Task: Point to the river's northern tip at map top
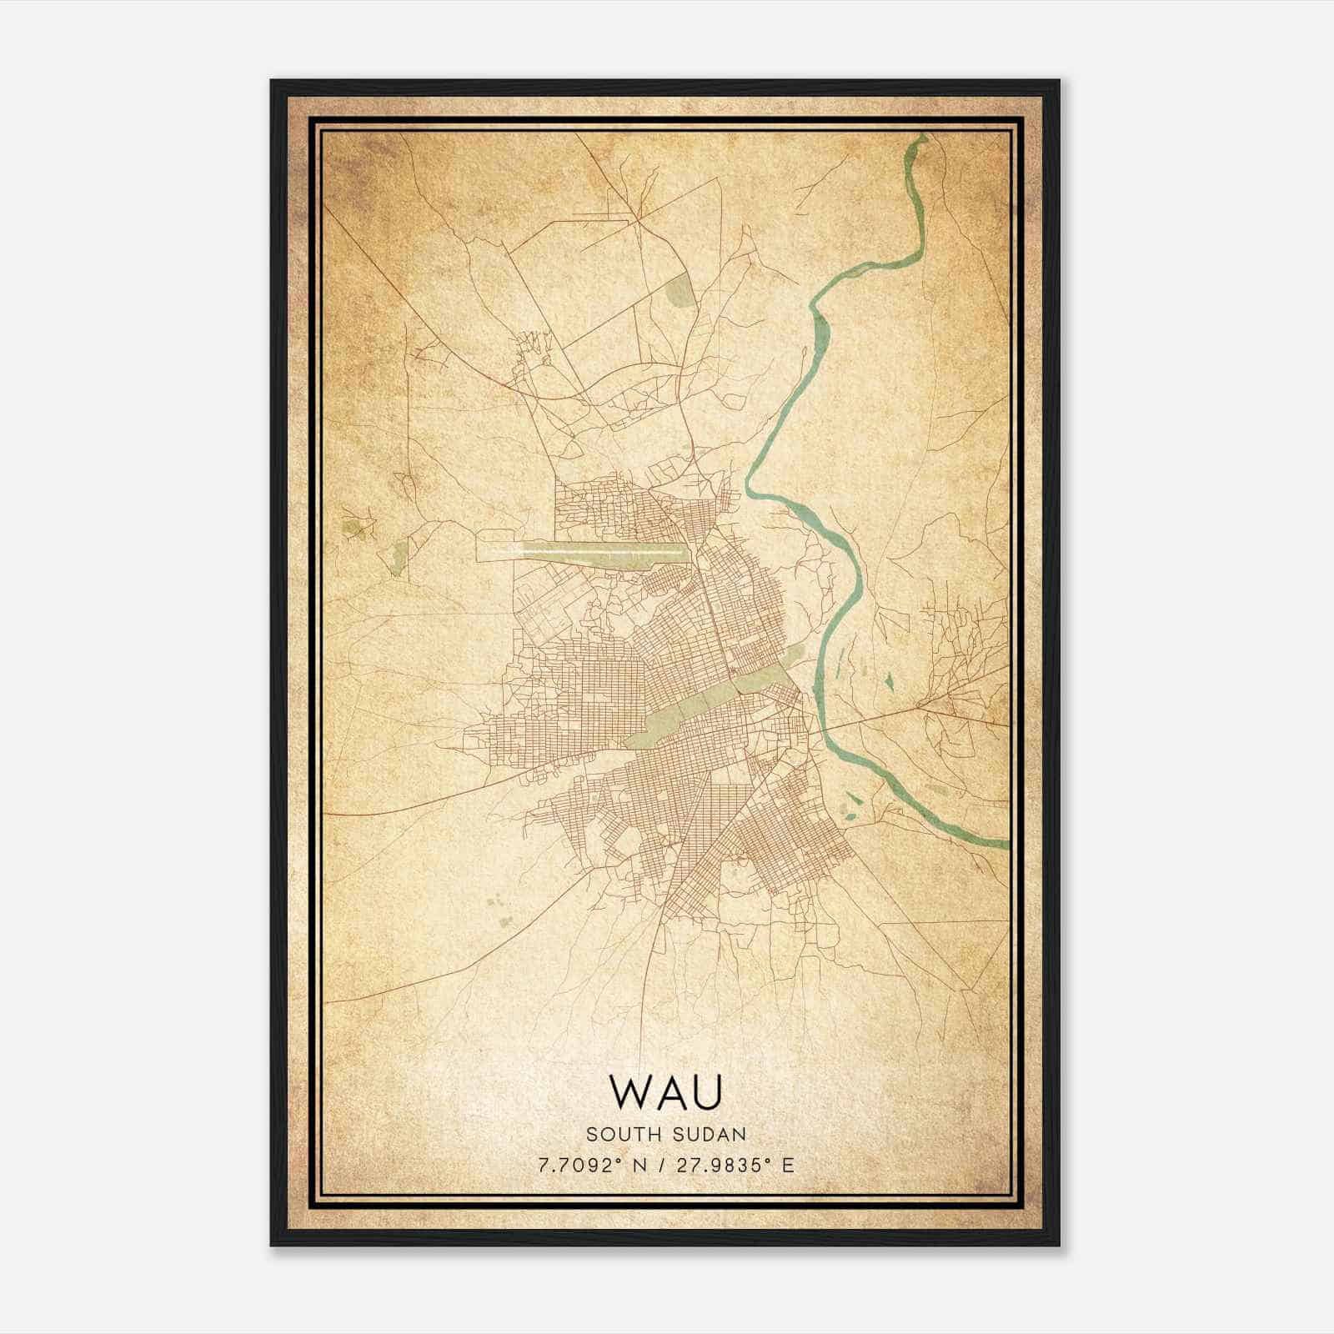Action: [920, 138]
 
